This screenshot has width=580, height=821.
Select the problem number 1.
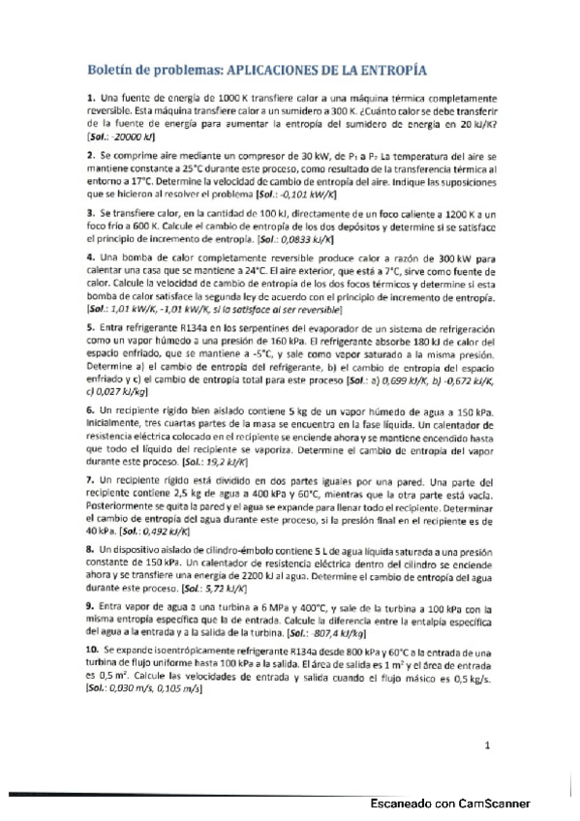click(x=90, y=99)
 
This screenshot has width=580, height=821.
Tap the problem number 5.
click(x=90, y=330)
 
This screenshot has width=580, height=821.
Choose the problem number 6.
click(x=90, y=412)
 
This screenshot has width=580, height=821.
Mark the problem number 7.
click(x=90, y=480)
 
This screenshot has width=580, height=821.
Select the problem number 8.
click(x=90, y=549)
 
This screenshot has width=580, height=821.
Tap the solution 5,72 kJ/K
click(x=220, y=588)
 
